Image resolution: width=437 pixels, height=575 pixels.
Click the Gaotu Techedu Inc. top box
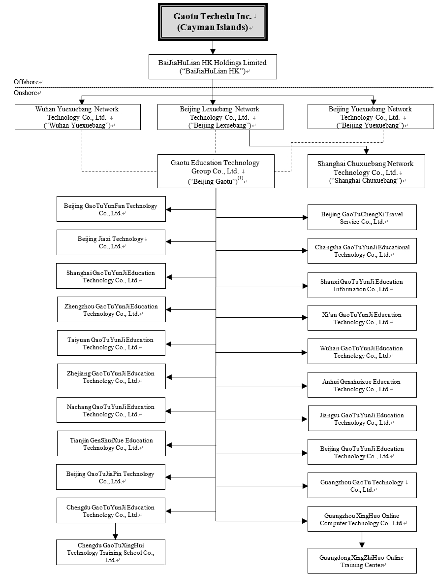[x=213, y=22]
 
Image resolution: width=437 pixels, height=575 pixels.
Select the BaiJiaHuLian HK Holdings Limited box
[x=213, y=67]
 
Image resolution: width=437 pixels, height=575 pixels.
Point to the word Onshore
[x=25, y=93]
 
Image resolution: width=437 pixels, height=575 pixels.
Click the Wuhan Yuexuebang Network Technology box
[x=78, y=117]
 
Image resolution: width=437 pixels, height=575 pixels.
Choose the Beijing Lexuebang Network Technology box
[x=220, y=117]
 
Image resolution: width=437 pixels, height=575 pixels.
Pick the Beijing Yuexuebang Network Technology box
[x=370, y=117]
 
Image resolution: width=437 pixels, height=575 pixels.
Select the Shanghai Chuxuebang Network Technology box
[x=366, y=172]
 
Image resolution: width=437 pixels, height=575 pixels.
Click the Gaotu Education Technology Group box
[x=216, y=171]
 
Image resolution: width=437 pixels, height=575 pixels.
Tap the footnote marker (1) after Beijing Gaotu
[x=240, y=178]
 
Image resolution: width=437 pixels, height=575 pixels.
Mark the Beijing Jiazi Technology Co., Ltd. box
[x=111, y=242]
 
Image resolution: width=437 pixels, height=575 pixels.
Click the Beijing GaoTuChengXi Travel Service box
[x=362, y=217]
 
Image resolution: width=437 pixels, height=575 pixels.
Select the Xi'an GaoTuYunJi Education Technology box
[x=362, y=318]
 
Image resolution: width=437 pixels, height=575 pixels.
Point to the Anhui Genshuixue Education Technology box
[x=362, y=385]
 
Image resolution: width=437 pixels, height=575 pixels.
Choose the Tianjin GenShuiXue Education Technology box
[x=111, y=443]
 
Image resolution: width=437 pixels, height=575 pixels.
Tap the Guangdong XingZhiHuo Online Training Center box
[x=362, y=561]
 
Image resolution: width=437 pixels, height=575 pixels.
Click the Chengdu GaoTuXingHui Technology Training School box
[x=111, y=552]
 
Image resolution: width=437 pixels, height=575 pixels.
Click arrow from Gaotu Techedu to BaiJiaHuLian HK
[x=213, y=48]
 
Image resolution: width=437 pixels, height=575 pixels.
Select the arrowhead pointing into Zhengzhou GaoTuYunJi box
[x=169, y=310]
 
